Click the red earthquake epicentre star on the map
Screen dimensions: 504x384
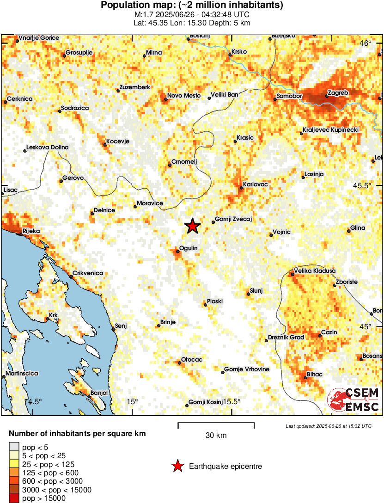click(x=192, y=226)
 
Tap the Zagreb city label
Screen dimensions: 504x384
click(x=337, y=92)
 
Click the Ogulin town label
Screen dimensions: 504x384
click(x=189, y=248)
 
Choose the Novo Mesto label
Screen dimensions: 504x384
click(x=183, y=95)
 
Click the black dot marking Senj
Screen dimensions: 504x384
click(x=114, y=330)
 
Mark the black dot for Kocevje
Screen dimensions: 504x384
click(x=105, y=145)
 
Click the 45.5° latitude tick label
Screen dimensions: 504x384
click(x=362, y=185)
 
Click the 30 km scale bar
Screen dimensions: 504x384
click(x=216, y=423)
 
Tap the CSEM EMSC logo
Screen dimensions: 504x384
click(x=354, y=400)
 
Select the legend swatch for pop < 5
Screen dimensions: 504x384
click(x=15, y=447)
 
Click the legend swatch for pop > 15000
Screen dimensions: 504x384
click(x=15, y=498)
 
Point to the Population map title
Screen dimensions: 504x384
click(x=192, y=6)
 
